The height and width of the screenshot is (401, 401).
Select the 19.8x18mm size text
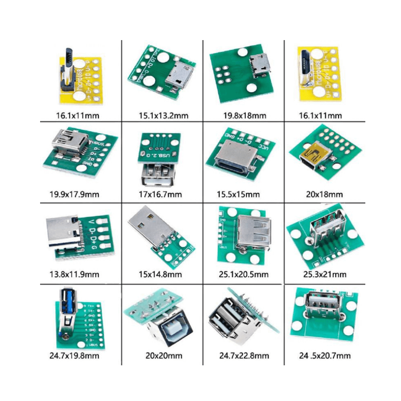click(x=245, y=116)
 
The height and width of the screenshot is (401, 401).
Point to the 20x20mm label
click(x=164, y=356)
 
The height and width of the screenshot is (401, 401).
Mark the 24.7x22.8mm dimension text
click(x=245, y=356)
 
